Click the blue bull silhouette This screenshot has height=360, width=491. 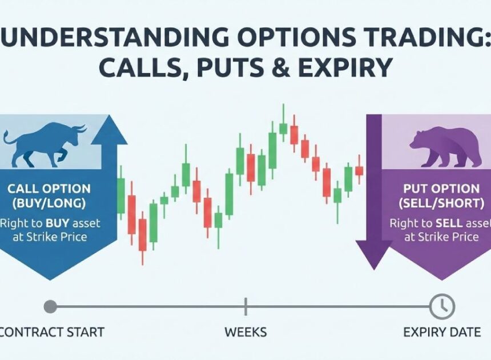click(43, 143)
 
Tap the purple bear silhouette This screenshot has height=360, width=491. click(445, 147)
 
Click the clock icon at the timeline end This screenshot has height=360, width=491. click(441, 307)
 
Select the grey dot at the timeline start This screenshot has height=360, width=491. click(50, 307)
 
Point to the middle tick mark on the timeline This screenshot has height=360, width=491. click(246, 307)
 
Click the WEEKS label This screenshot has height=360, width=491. click(246, 332)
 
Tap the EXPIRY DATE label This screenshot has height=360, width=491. click(442, 332)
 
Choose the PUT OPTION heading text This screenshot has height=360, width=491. click(441, 189)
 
